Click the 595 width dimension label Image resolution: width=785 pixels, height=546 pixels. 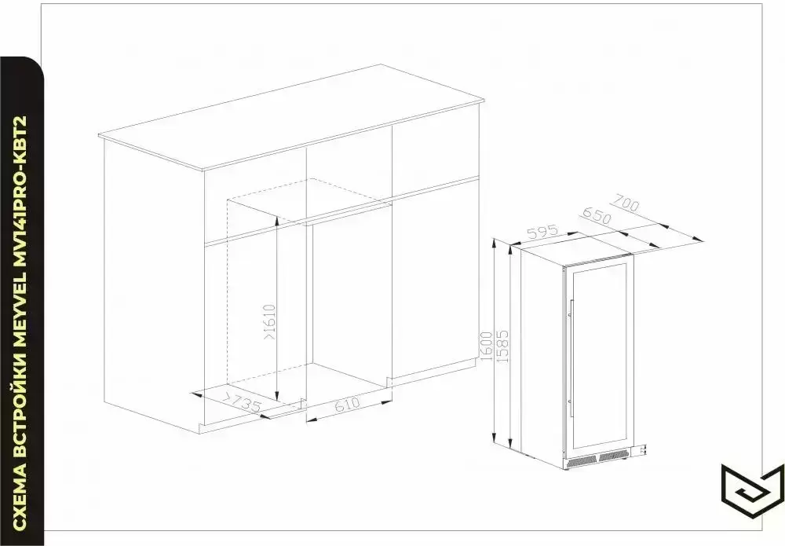(x=542, y=233)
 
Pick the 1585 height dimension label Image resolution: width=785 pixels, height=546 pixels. (x=502, y=346)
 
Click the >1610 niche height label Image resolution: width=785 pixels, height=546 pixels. (x=269, y=323)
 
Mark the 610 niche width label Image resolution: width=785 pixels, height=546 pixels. (x=348, y=405)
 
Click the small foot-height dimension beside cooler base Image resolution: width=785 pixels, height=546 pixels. (x=643, y=451)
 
